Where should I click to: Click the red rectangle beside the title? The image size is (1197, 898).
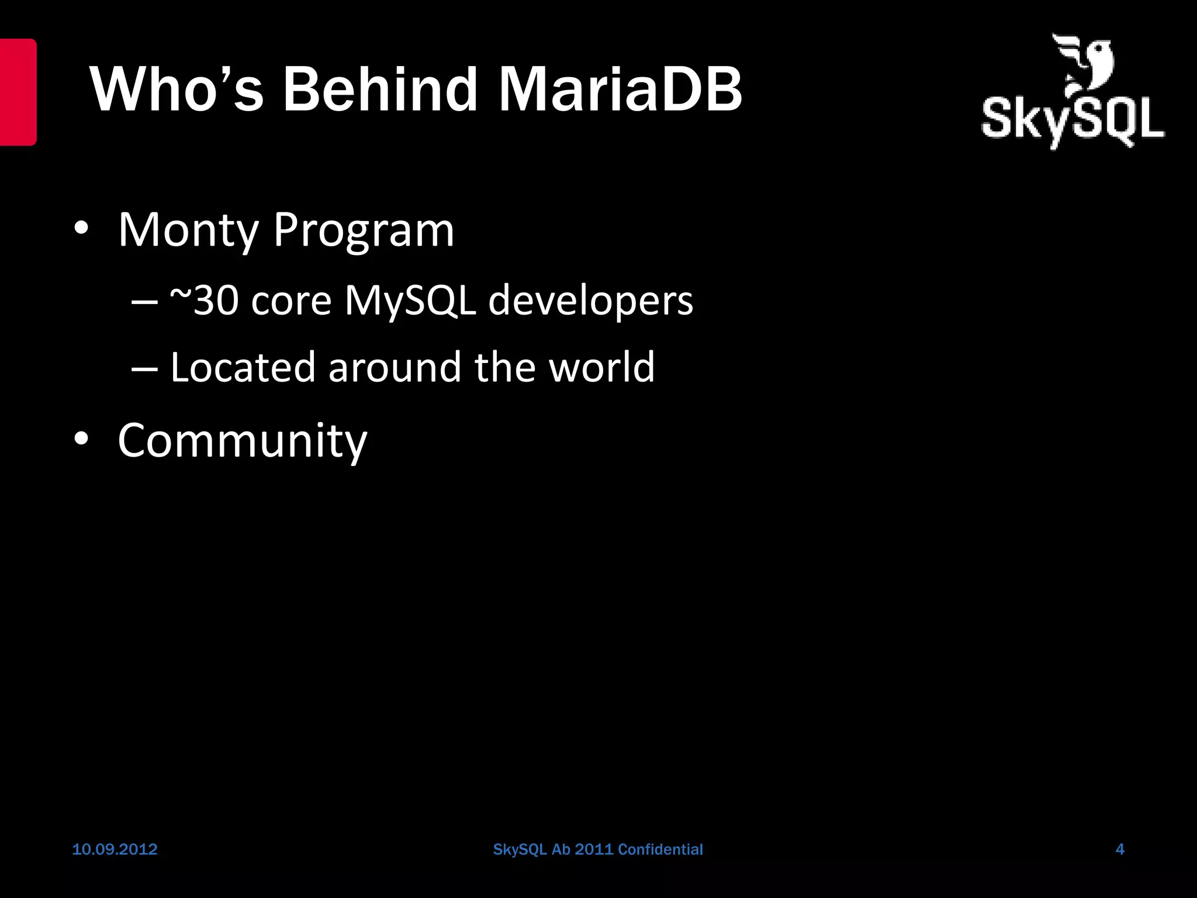[x=18, y=92]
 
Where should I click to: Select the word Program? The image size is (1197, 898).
[x=364, y=230]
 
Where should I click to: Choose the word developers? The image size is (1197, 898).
[x=590, y=301]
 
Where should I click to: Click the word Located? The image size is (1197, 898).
[x=243, y=367]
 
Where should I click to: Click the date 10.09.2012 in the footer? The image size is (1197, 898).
[x=115, y=849]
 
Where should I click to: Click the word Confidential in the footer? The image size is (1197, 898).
[x=660, y=849]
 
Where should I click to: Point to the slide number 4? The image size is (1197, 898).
[x=1120, y=849]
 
